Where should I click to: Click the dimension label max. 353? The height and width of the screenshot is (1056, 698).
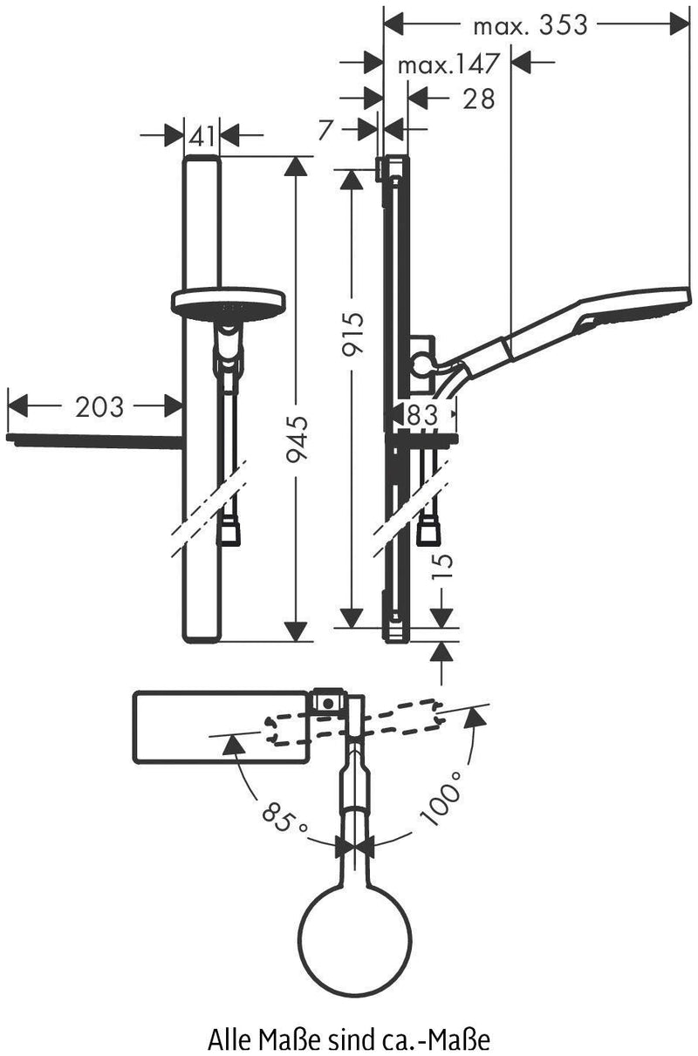pyautogui.click(x=530, y=25)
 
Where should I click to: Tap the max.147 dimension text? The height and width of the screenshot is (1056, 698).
pyautogui.click(x=448, y=64)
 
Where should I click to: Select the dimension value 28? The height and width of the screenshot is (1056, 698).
pyautogui.click(x=478, y=99)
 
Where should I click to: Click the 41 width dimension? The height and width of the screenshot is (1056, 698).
pyautogui.click(x=202, y=137)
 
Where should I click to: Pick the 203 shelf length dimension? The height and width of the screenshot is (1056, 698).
pyautogui.click(x=99, y=407)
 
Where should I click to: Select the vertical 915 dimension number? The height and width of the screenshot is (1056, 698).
pyautogui.click(x=352, y=333)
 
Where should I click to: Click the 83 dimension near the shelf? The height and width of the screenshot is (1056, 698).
pyautogui.click(x=422, y=415)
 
